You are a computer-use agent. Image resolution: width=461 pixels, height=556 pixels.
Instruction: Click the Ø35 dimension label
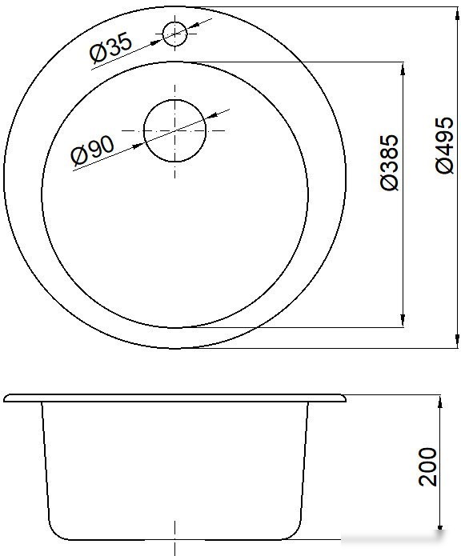pyautogui.click(x=110, y=47)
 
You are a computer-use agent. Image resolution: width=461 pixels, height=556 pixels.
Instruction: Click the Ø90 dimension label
pyautogui.click(x=93, y=150)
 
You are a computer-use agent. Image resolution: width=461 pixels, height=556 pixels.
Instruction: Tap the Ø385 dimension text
pyautogui.click(x=389, y=162)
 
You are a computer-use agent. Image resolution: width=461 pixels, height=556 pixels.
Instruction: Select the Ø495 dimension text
pyautogui.click(x=444, y=146)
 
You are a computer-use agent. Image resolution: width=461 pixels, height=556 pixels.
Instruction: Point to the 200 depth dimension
pyautogui.click(x=427, y=466)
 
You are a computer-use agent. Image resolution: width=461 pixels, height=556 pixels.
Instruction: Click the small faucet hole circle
pyautogui.click(x=174, y=34)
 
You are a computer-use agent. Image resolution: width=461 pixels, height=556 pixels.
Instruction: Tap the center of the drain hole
pyautogui.click(x=174, y=131)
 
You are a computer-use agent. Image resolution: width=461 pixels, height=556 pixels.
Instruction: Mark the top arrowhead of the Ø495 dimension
pyautogui.click(x=457, y=14)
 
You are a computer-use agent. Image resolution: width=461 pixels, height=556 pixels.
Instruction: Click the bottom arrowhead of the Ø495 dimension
pyautogui.click(x=457, y=341)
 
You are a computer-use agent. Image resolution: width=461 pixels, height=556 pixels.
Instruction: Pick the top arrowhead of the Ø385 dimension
pyautogui.click(x=403, y=69)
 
